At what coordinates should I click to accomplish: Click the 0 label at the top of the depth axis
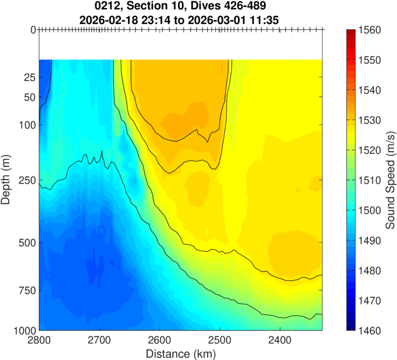point(33,30)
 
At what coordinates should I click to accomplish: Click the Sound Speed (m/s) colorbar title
point(390,180)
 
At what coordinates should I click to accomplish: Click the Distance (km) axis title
point(181,353)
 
